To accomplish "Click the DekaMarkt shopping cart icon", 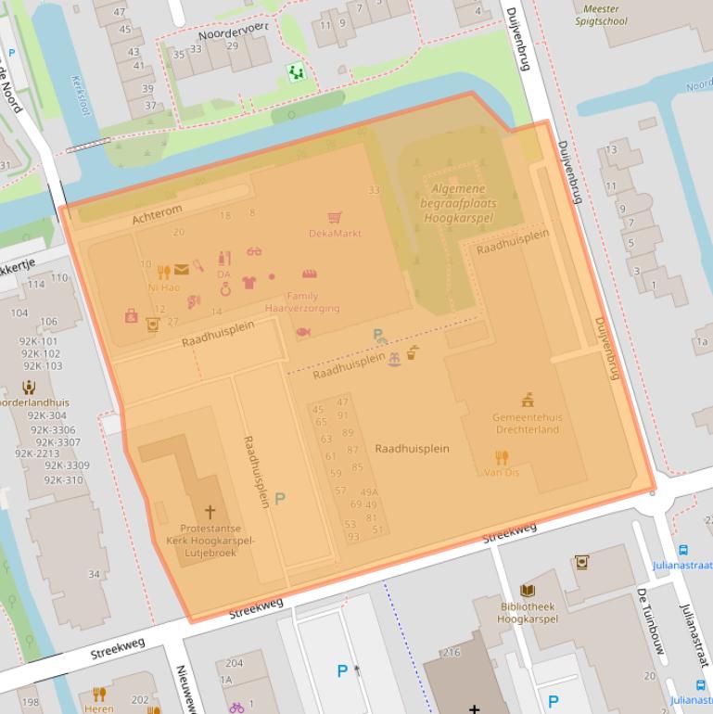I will [x=335, y=218].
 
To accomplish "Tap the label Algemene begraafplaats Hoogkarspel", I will [x=459, y=203].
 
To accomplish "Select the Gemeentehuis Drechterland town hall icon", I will [x=527, y=401].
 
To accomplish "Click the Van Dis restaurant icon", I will [x=502, y=457].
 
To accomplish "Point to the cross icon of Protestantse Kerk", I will [x=210, y=511].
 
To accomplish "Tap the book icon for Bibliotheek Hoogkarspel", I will [x=528, y=591].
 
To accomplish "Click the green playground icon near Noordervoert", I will [x=296, y=71].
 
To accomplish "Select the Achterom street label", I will [x=157, y=215].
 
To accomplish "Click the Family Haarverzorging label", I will [x=302, y=302].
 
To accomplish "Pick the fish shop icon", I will [x=302, y=331].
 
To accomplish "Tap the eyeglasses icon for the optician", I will [x=254, y=251].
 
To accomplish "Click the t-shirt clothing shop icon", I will [x=248, y=282].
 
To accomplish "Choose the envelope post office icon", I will [x=181, y=270].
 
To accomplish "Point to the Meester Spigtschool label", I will [x=601, y=15].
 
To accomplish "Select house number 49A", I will [x=369, y=492].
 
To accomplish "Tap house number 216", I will [x=451, y=653].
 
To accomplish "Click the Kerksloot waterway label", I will [x=81, y=96].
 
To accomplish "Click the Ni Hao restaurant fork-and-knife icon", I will [x=164, y=272].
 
